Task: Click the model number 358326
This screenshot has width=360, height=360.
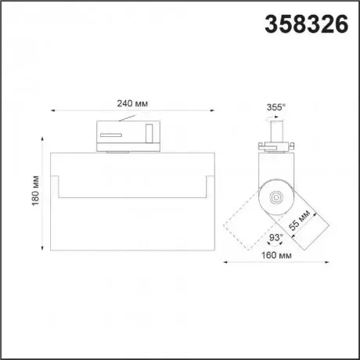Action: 307,24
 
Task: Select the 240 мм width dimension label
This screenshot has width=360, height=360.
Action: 132,103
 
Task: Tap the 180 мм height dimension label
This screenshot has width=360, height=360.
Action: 35,191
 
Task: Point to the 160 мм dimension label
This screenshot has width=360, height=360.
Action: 276,255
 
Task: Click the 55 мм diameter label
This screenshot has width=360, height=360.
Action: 300,220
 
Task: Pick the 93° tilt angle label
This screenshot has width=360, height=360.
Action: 276,237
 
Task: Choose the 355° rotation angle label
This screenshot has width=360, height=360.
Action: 276,107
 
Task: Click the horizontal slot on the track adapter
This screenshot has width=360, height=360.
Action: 111,135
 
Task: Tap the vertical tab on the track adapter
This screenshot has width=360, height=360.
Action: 149,134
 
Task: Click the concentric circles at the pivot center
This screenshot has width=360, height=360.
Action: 276,197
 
